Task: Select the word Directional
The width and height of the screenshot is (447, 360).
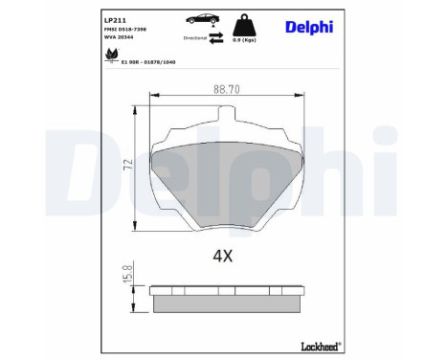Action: pyautogui.click(x=195, y=37)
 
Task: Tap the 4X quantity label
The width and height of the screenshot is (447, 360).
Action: pyautogui.click(x=223, y=256)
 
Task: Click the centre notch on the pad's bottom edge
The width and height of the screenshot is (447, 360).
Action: pyautogui.click(x=225, y=230)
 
